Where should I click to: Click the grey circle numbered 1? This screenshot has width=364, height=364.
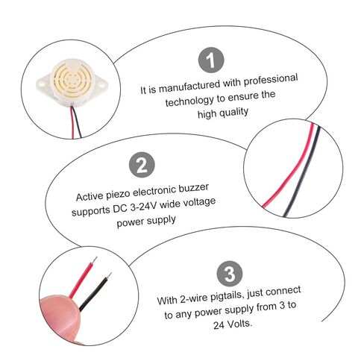(211, 60)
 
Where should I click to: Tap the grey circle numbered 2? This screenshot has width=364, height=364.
(142, 165)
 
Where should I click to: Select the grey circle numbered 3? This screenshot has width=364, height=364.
(230, 274)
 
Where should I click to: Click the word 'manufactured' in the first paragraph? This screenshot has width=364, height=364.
(189, 87)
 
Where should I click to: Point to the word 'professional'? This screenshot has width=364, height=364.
(271, 80)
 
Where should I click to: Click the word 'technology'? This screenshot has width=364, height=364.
(189, 101)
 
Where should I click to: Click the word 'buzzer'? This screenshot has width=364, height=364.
(193, 188)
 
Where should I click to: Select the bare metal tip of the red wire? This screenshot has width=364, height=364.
(94, 260)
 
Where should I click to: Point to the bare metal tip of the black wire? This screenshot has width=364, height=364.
(108, 276)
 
